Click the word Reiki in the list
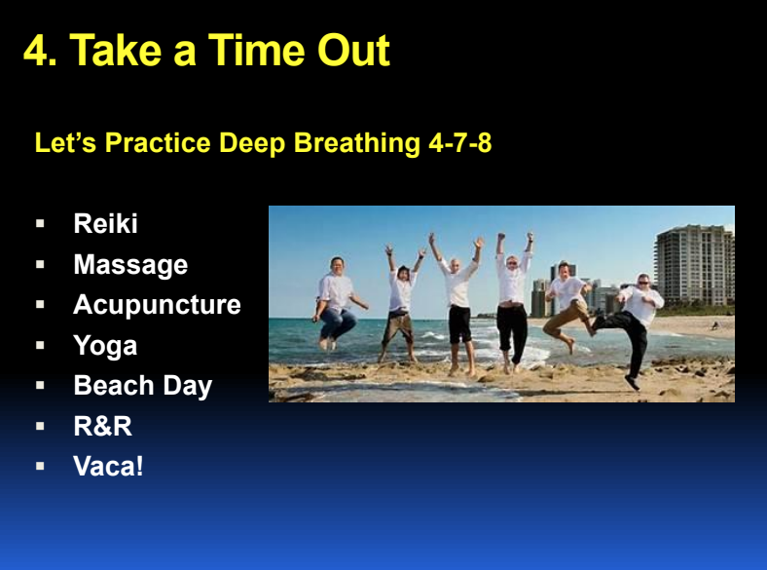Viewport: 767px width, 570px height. pyautogui.click(x=106, y=223)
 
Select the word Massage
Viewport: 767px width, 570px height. pyautogui.click(x=130, y=265)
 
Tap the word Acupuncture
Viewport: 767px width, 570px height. pyautogui.click(x=157, y=305)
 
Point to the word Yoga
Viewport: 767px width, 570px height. pyautogui.click(x=105, y=346)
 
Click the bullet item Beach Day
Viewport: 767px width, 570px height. pyautogui.click(x=143, y=386)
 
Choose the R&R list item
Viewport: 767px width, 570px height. pyautogui.click(x=103, y=426)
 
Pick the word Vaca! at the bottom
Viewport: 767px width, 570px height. pyautogui.click(x=109, y=466)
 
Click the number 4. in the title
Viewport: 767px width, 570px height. pyautogui.click(x=40, y=50)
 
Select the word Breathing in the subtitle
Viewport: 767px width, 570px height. pyautogui.click(x=356, y=143)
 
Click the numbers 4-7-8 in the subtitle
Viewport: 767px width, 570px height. pyautogui.click(x=459, y=143)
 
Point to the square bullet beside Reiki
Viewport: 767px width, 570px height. pyautogui.click(x=40, y=224)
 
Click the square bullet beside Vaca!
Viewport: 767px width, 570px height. pyautogui.click(x=40, y=466)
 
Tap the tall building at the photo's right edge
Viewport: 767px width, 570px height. pyautogui.click(x=695, y=266)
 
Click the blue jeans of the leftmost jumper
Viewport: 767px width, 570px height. pyautogui.click(x=337, y=323)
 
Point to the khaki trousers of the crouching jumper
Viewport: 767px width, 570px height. pyautogui.click(x=566, y=319)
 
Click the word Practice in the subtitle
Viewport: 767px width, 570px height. pyautogui.click(x=158, y=143)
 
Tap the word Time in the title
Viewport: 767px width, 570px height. pyautogui.click(x=257, y=50)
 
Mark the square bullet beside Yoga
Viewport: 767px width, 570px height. pyautogui.click(x=40, y=345)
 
